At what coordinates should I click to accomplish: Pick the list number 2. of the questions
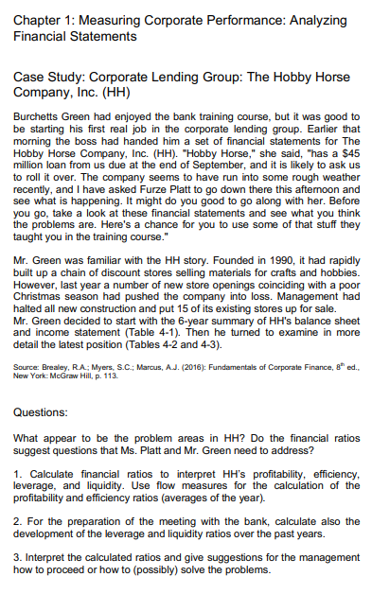click(18, 525)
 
